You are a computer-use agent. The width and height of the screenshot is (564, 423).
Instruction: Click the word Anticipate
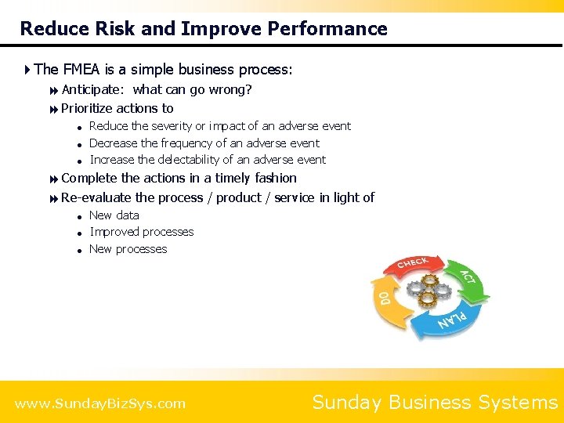94,90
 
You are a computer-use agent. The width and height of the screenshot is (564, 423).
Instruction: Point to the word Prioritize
87,109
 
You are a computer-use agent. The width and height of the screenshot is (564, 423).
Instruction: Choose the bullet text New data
114,215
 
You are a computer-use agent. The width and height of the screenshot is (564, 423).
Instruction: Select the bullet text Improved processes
142,232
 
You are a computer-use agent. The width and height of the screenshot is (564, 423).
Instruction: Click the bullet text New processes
128,249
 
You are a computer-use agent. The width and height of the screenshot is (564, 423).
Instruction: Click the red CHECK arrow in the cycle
414,265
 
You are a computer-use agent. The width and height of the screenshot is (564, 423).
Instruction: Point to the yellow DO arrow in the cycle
384,302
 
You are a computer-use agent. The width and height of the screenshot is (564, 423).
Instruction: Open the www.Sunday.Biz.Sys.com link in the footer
100,404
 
